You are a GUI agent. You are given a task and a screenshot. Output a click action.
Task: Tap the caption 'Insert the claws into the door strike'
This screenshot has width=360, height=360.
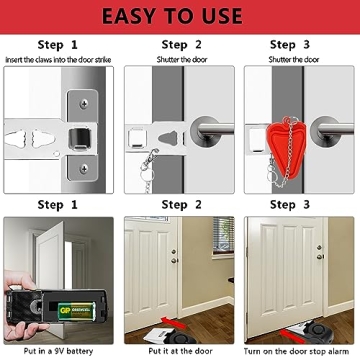tap(59, 59)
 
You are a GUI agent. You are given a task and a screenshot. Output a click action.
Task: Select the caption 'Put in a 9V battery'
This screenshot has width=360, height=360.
tap(59, 351)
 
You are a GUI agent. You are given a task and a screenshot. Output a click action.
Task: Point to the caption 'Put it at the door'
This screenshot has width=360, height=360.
tap(179, 351)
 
